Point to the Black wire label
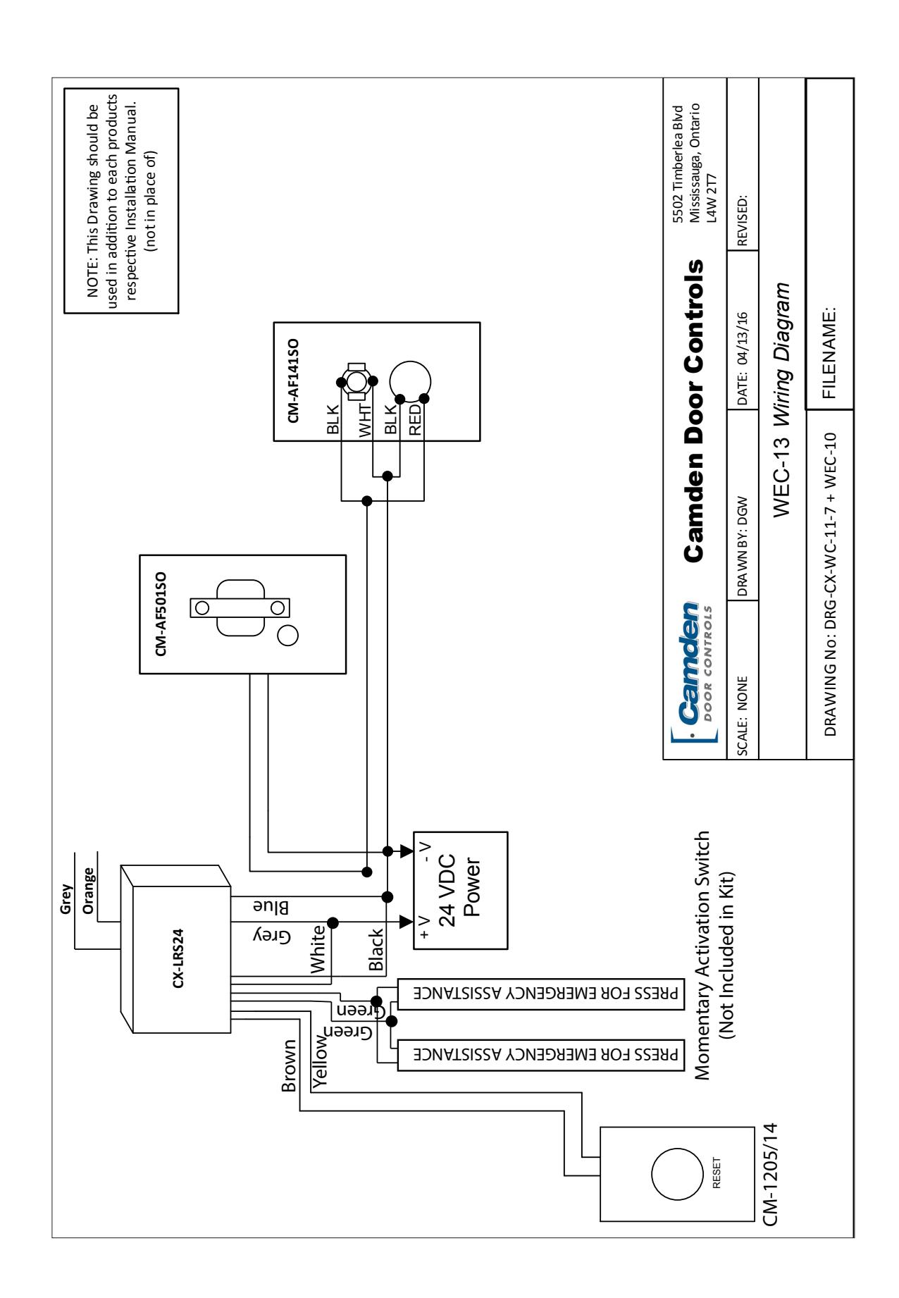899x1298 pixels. (x=378, y=951)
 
